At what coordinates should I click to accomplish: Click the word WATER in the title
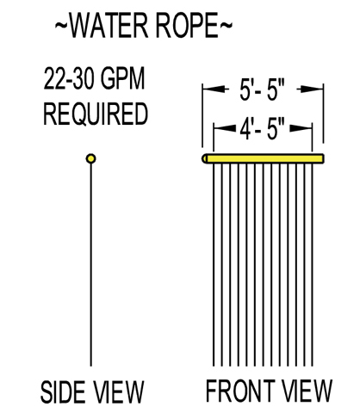[109, 25]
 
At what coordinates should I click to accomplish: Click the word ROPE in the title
[188, 25]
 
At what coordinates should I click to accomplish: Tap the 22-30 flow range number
[69, 78]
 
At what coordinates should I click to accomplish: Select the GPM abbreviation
[122, 78]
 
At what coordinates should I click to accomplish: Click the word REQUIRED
[96, 114]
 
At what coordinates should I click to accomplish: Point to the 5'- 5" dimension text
[262, 90]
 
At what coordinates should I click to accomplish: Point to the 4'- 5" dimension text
[262, 129]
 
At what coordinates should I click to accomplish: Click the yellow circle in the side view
[91, 158]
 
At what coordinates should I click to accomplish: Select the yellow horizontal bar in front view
[264, 158]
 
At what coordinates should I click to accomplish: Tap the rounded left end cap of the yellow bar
[205, 158]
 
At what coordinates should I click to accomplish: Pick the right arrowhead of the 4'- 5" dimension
[301, 129]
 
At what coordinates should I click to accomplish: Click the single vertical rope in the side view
[91, 265]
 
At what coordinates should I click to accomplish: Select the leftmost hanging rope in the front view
[214, 265]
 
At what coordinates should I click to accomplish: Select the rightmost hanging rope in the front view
[312, 265]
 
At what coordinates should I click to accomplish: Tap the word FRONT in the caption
[239, 391]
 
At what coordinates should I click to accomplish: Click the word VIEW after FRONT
[307, 391]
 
